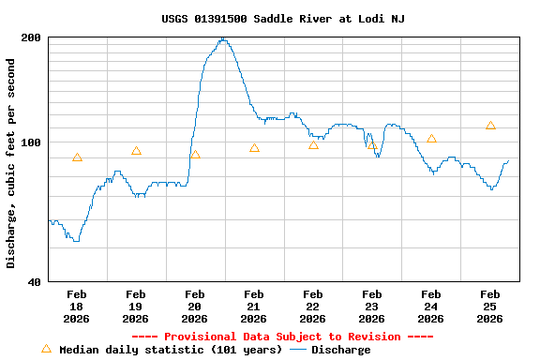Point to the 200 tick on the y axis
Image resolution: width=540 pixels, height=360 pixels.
[x=31, y=37]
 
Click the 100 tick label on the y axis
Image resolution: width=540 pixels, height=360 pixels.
[x=31, y=142]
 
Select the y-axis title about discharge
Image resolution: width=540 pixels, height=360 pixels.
[x=11, y=163]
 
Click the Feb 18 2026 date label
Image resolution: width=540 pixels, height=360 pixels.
[x=77, y=306]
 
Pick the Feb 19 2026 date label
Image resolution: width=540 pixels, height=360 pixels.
[x=136, y=306]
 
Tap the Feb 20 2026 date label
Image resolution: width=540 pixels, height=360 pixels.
[x=195, y=306]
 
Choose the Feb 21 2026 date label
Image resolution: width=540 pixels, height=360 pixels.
[x=254, y=306]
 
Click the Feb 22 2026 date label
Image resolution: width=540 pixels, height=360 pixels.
[x=313, y=306]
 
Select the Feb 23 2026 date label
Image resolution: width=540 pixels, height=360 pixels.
[x=372, y=306]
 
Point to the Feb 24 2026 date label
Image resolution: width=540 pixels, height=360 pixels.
[x=431, y=306]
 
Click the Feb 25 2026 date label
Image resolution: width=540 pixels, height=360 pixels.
[x=490, y=306]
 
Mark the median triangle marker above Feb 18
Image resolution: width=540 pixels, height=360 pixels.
[x=77, y=157]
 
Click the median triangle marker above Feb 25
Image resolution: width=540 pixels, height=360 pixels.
[x=490, y=126]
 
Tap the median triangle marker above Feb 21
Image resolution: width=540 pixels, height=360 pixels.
[x=254, y=148]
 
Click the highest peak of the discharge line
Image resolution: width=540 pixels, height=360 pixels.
[x=222, y=38]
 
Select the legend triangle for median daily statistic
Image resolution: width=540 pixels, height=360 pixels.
[x=46, y=349]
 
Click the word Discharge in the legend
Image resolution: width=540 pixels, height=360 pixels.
[x=340, y=350]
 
